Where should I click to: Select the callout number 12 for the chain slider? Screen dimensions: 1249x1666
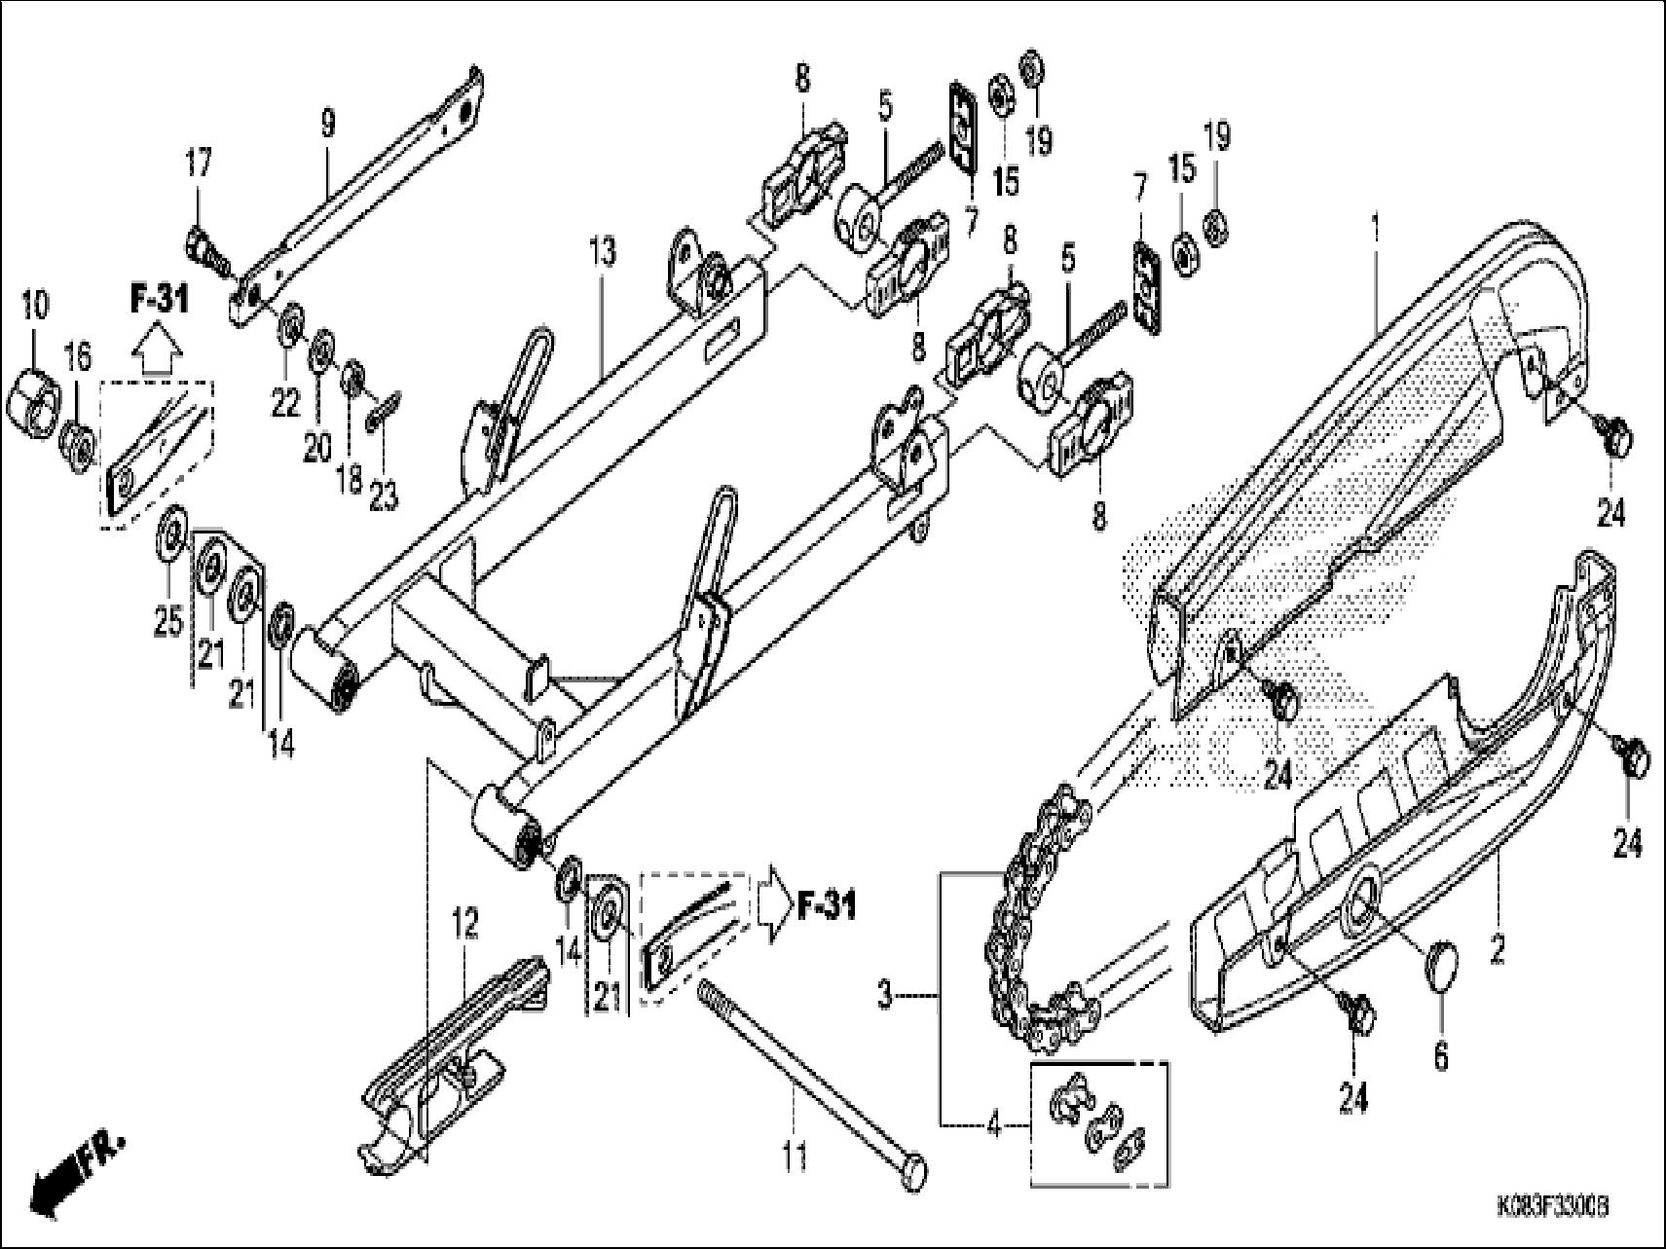click(465, 925)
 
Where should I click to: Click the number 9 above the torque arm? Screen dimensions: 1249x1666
click(328, 124)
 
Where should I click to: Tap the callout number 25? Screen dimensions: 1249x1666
click(168, 620)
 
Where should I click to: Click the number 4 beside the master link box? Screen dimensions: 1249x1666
click(993, 1126)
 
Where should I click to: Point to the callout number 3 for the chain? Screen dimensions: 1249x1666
click(884, 997)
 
